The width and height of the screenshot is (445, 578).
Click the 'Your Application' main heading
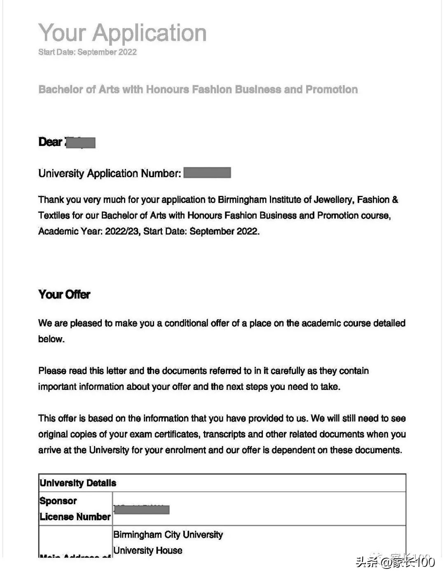[x=122, y=33]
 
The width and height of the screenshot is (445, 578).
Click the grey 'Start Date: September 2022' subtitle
[x=87, y=52]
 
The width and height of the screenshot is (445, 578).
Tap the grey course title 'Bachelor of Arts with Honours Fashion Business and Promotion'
[x=198, y=89]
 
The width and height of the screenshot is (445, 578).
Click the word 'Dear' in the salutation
[x=50, y=142]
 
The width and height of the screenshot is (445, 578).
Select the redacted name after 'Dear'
[x=81, y=142]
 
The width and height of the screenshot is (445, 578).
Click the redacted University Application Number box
[x=207, y=173]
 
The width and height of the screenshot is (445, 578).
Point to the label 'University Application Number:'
[x=110, y=173]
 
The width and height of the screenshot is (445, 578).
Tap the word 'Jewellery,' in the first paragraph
[x=334, y=200]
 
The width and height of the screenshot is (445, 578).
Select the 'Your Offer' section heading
[x=64, y=294]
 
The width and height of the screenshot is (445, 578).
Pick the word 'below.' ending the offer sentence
[x=52, y=339]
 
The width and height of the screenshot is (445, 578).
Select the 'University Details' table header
[x=78, y=483]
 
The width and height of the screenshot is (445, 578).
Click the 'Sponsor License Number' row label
[x=75, y=509]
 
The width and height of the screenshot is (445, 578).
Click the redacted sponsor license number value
[x=141, y=510]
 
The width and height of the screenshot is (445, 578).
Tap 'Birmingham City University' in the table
[x=168, y=535]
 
